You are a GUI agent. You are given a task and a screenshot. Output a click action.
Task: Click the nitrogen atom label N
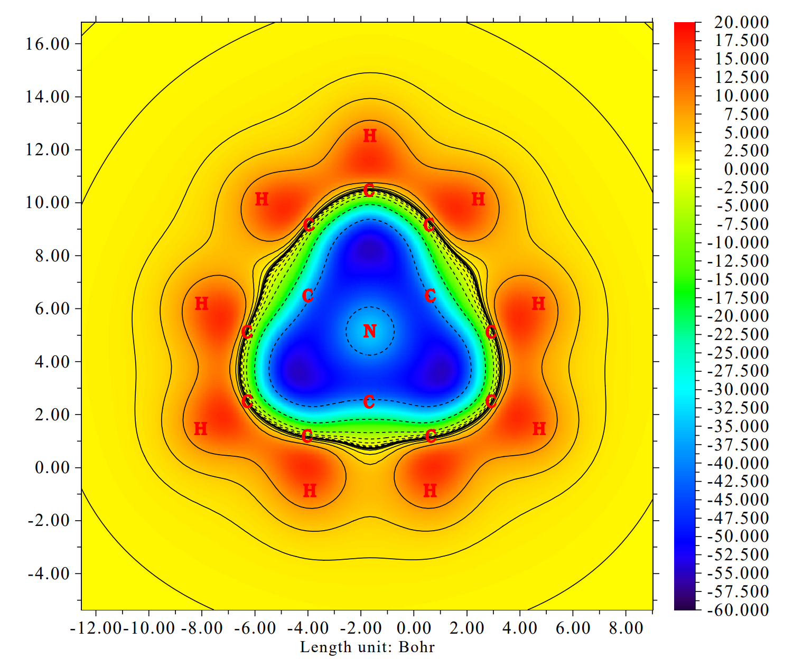click(x=370, y=331)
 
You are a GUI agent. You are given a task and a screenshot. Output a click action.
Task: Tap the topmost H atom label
click(x=370, y=136)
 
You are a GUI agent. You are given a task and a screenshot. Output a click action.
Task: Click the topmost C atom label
click(x=369, y=190)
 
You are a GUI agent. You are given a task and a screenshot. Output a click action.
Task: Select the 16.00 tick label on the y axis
click(x=48, y=44)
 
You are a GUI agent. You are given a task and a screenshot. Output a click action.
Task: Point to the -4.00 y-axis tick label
click(x=48, y=573)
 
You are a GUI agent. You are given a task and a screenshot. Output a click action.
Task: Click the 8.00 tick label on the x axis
click(x=626, y=628)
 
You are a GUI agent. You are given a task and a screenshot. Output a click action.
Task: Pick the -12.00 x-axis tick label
click(x=96, y=628)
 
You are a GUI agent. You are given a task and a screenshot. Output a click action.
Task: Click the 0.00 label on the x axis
click(x=414, y=628)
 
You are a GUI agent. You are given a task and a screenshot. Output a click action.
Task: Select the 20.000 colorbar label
click(x=742, y=22)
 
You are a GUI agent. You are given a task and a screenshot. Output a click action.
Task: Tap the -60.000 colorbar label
click(x=738, y=610)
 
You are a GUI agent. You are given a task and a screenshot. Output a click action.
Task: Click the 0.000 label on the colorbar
click(x=746, y=169)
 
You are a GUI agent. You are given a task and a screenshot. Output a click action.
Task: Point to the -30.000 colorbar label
click(x=738, y=390)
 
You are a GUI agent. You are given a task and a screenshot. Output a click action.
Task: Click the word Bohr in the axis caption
click(x=417, y=647)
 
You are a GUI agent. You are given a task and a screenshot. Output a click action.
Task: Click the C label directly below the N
click(x=369, y=402)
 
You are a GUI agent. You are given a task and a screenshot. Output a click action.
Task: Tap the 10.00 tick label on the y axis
click(x=48, y=203)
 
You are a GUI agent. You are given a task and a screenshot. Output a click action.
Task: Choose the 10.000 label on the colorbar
click(x=742, y=96)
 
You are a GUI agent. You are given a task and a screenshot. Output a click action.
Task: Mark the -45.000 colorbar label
click(x=738, y=500)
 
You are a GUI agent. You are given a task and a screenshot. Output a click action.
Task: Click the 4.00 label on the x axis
click(x=520, y=628)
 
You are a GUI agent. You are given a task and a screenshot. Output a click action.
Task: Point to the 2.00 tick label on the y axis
click(x=52, y=415)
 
